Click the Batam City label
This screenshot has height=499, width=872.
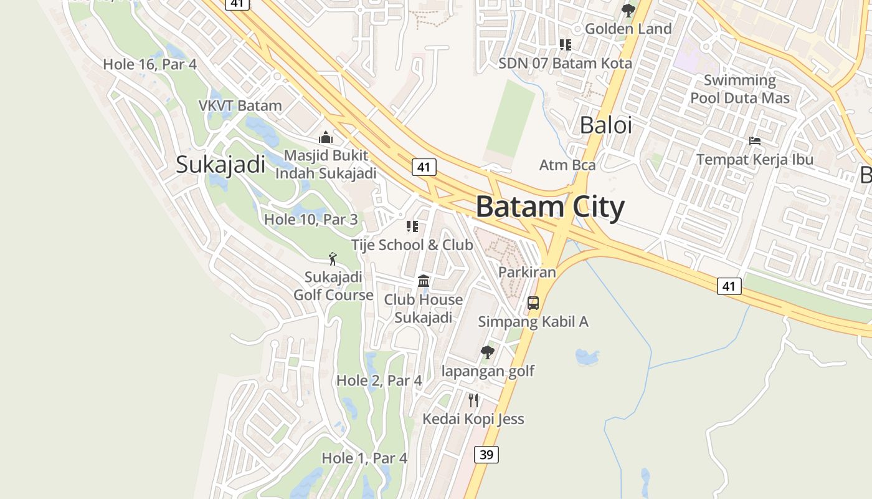pos(550,207)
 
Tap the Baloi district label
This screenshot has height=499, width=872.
pos(605,125)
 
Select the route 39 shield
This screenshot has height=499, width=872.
pos(486,455)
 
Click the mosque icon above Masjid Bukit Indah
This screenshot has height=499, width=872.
pos(326,138)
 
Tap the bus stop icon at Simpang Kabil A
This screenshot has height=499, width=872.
pos(533,303)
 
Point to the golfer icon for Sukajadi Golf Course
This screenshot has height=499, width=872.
pos(333,259)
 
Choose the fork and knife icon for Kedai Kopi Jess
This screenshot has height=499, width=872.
pos(473,400)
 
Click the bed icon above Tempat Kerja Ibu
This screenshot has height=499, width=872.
pos(755,141)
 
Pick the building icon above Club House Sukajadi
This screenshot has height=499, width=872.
pos(424,281)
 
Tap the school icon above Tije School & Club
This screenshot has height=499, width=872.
pos(412,226)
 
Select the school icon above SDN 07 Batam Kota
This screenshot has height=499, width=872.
pos(565,45)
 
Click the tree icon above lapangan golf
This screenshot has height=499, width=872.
pos(488,352)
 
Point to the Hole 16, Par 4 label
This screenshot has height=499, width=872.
pos(149,64)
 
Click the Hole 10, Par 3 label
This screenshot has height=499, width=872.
pos(311,219)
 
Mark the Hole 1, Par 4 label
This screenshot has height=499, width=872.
pos(364,458)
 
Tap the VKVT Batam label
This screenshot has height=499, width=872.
pos(240,105)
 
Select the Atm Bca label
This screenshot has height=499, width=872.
pos(567,165)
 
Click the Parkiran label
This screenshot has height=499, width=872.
pos(527,272)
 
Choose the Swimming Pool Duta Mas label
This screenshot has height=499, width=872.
pos(740,89)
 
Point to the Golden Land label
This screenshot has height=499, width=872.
pos(628,29)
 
